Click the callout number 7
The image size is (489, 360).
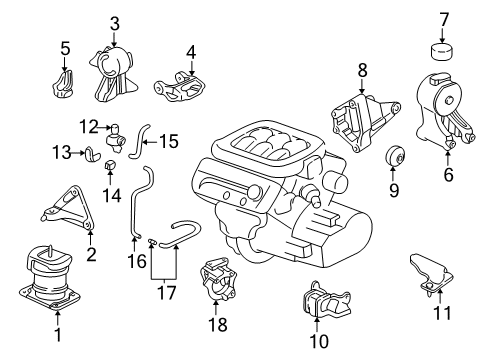(x=444, y=19)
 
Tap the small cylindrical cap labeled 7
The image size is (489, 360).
(x=441, y=52)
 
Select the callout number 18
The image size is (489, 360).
(x=218, y=324)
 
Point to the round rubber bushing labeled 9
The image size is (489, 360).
(x=395, y=156)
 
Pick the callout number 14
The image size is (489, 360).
(x=111, y=195)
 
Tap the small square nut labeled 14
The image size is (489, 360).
(x=110, y=164)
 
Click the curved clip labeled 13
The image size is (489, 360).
(x=91, y=154)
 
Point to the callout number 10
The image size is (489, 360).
(x=319, y=341)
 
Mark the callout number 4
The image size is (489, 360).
(x=191, y=53)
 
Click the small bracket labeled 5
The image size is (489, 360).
(x=63, y=84)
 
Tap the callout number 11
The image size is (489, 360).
(x=442, y=313)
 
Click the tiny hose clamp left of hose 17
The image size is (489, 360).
(x=151, y=240)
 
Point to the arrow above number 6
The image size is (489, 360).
(x=448, y=159)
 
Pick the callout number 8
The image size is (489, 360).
(x=362, y=70)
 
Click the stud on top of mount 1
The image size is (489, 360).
(x=50, y=250)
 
